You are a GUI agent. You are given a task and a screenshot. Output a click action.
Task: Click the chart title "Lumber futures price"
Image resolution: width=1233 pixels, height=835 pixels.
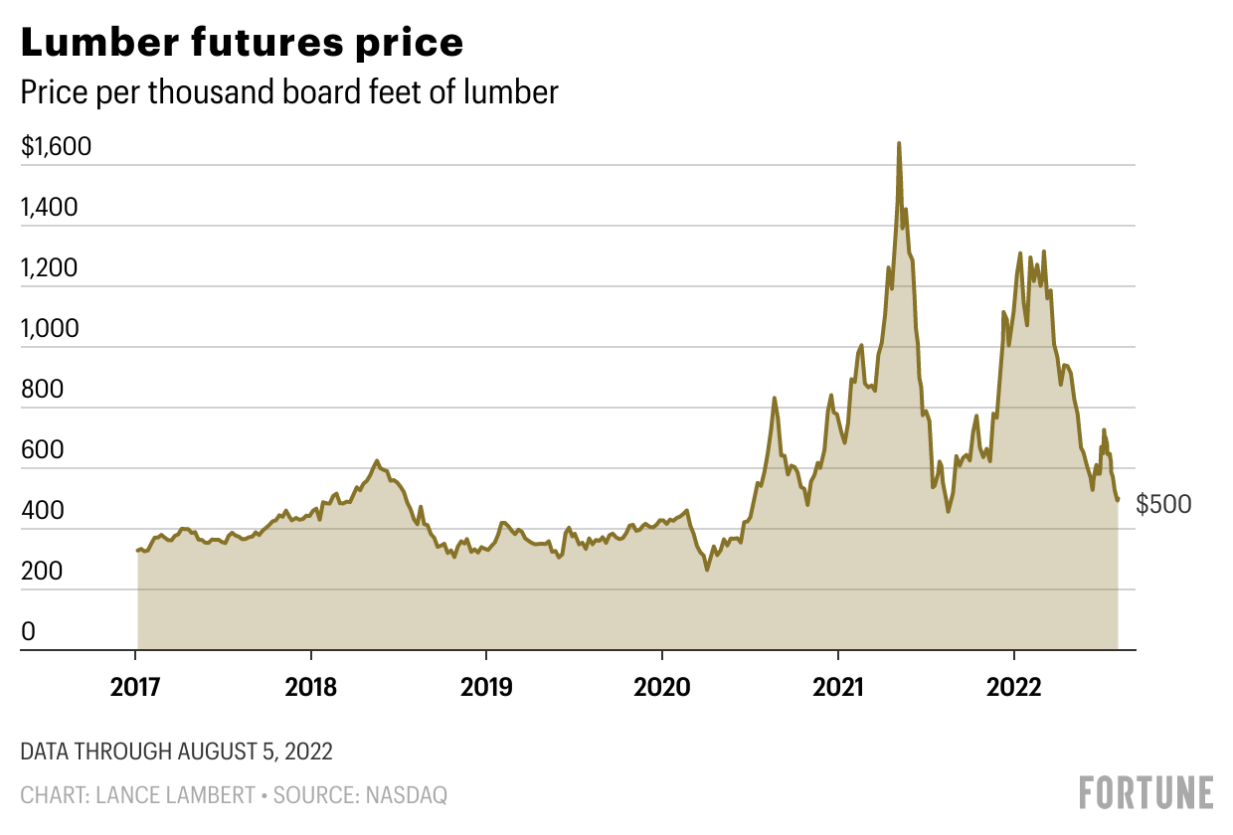242,43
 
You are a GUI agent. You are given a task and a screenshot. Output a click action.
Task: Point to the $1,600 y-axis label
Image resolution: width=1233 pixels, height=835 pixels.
56,147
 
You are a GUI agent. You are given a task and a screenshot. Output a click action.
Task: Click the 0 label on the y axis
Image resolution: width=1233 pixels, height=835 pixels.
28,632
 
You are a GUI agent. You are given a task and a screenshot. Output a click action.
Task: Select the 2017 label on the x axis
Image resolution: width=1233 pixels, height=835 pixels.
135,687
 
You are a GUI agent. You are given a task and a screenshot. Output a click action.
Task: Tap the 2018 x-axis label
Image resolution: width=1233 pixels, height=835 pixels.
311,687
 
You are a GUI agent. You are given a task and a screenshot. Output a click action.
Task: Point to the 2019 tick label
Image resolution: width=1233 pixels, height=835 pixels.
486,687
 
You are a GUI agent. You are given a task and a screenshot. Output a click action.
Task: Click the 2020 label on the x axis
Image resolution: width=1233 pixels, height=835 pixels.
662,687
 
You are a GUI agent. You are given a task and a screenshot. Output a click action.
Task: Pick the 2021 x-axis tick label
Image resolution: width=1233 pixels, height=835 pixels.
838,687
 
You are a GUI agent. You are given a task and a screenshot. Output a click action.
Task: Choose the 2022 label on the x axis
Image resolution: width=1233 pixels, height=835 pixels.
1013,687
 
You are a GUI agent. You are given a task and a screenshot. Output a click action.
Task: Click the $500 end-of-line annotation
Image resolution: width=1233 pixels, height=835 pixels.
1163,505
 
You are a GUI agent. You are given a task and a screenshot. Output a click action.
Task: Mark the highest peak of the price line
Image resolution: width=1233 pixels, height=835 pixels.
899,143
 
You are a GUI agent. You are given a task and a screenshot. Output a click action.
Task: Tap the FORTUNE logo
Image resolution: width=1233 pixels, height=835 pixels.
1146,792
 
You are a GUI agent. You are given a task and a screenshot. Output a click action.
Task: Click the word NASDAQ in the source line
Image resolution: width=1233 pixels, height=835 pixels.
409,795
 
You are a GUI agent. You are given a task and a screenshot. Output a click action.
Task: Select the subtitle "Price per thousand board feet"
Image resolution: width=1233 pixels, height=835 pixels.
289,92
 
